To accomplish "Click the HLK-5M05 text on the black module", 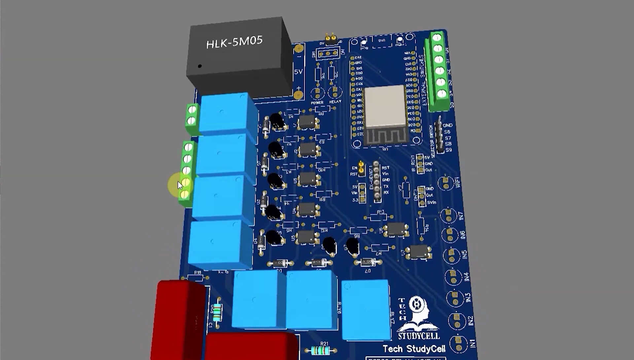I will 234,42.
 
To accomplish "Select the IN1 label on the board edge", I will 473,343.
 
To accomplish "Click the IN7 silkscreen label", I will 461,216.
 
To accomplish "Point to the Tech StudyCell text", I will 414,349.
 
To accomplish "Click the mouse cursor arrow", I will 180,185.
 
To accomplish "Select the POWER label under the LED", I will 317,103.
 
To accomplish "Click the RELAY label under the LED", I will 335,101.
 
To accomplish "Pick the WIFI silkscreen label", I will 458,182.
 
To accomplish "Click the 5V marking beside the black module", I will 298,72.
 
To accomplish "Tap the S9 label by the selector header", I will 448,150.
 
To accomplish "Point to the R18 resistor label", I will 197,272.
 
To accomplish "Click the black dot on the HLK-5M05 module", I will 199,66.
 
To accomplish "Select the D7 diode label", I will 368,271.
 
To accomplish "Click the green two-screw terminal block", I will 192,115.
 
